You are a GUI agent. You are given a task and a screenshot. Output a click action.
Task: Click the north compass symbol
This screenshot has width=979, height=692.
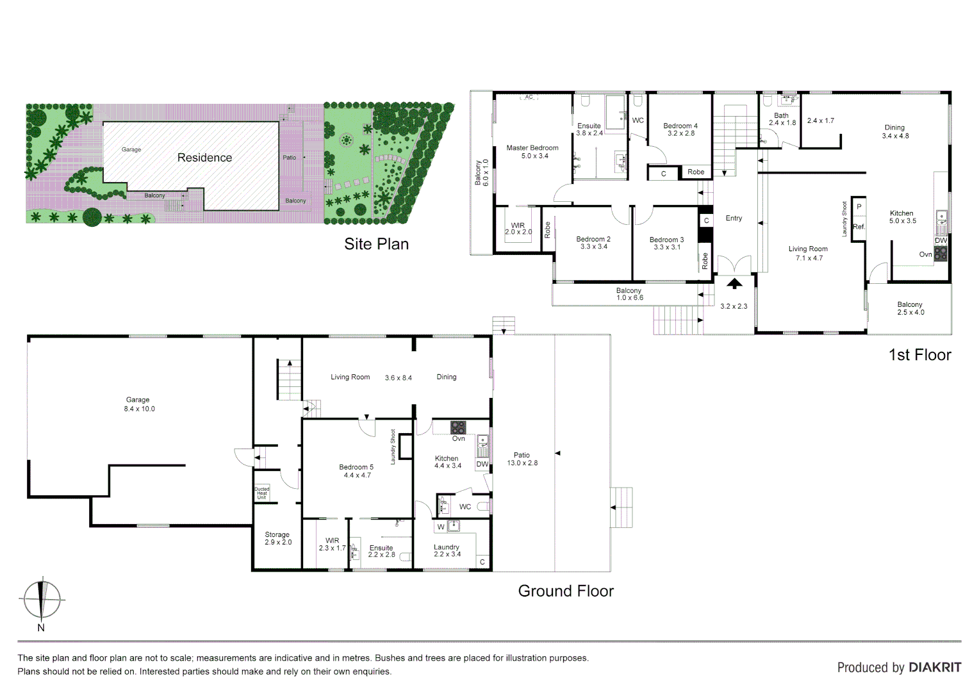point(42,600)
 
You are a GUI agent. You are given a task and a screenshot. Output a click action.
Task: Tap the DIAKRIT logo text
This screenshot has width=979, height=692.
point(935,667)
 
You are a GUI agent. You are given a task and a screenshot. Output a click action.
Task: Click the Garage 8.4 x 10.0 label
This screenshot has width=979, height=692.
point(139,404)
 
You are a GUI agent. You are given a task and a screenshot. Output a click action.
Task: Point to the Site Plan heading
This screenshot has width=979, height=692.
point(376,244)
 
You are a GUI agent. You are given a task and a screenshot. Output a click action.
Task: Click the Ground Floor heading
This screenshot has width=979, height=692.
point(565,591)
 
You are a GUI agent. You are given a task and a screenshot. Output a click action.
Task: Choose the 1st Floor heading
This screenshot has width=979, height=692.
point(919,355)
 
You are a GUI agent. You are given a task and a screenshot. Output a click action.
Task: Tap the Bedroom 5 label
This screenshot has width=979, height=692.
point(356,471)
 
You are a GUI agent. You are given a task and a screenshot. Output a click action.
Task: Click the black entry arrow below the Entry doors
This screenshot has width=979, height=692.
point(734,283)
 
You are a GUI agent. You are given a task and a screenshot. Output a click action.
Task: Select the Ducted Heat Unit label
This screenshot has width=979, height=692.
point(262,493)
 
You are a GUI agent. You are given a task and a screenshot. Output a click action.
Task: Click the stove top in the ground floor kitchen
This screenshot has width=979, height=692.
point(457,427)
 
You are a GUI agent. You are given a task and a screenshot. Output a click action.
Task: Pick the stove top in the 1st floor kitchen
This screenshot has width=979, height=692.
point(941,253)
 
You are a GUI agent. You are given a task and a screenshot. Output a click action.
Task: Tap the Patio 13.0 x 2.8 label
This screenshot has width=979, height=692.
point(522,459)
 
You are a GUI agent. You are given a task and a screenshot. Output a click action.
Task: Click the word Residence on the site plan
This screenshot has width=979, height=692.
point(204,158)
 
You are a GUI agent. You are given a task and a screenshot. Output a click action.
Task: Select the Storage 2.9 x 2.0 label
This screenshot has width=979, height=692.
point(277,538)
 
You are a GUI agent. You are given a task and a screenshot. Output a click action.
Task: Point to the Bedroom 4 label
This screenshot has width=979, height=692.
point(680,129)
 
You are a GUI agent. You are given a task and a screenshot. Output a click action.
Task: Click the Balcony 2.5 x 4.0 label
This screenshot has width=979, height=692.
point(910,308)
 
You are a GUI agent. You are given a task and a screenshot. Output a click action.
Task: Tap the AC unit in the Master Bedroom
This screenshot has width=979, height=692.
point(529,97)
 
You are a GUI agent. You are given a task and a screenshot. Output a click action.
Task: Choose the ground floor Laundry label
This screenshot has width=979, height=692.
point(447,550)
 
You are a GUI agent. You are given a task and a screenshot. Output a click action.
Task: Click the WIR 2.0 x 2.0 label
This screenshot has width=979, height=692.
point(518,229)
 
